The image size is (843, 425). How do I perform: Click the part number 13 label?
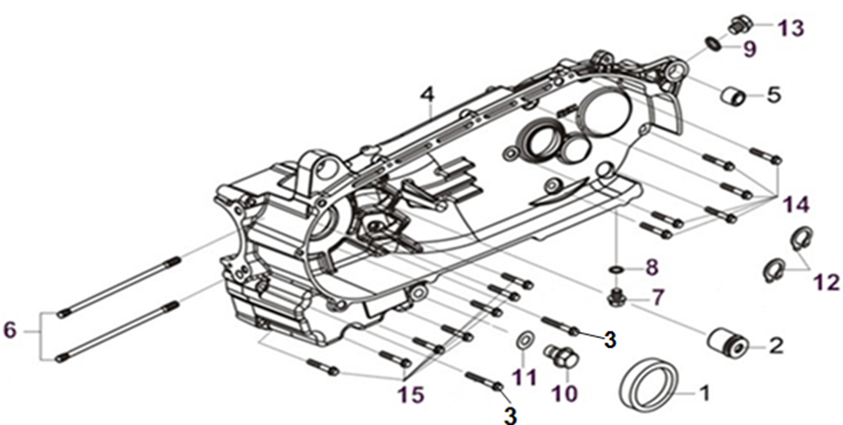point(790,28)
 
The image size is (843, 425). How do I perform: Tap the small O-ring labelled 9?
point(712,44)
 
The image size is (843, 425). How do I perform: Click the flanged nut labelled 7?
point(617,299)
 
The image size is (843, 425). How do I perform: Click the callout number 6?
point(11,329)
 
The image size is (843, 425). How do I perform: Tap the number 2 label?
point(777,347)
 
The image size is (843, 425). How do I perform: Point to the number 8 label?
point(652,266)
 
